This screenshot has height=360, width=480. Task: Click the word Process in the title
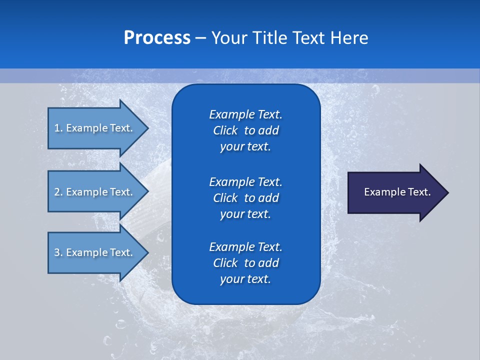pos(157,38)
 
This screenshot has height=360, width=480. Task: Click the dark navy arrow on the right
pos(395,192)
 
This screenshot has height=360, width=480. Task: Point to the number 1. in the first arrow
pos(58,128)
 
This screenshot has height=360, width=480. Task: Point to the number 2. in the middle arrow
pos(58,192)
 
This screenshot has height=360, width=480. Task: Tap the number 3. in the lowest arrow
pos(58,252)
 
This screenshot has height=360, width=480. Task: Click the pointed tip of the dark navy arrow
pos(446,192)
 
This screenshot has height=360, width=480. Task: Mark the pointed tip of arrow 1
pos(146,128)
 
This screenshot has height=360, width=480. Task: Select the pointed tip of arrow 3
pos(146,252)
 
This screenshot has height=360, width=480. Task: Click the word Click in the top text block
pos(225,131)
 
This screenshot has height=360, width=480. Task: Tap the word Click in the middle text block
pos(225,198)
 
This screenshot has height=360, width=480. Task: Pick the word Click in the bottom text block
pos(225,263)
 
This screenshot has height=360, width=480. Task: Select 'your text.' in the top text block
pos(245,147)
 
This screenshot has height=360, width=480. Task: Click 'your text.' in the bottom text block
pos(245,279)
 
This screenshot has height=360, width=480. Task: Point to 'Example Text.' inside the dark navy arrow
pos(397,192)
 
